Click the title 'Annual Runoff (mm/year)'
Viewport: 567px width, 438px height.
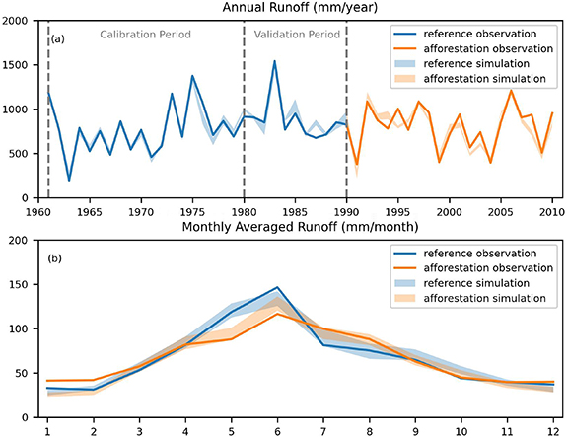295,8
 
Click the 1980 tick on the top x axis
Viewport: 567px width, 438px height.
244,211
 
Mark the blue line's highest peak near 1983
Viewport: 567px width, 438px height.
274,61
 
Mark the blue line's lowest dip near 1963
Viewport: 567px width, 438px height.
68,180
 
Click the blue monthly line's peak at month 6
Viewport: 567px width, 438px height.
278,288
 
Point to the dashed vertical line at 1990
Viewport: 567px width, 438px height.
346,109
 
